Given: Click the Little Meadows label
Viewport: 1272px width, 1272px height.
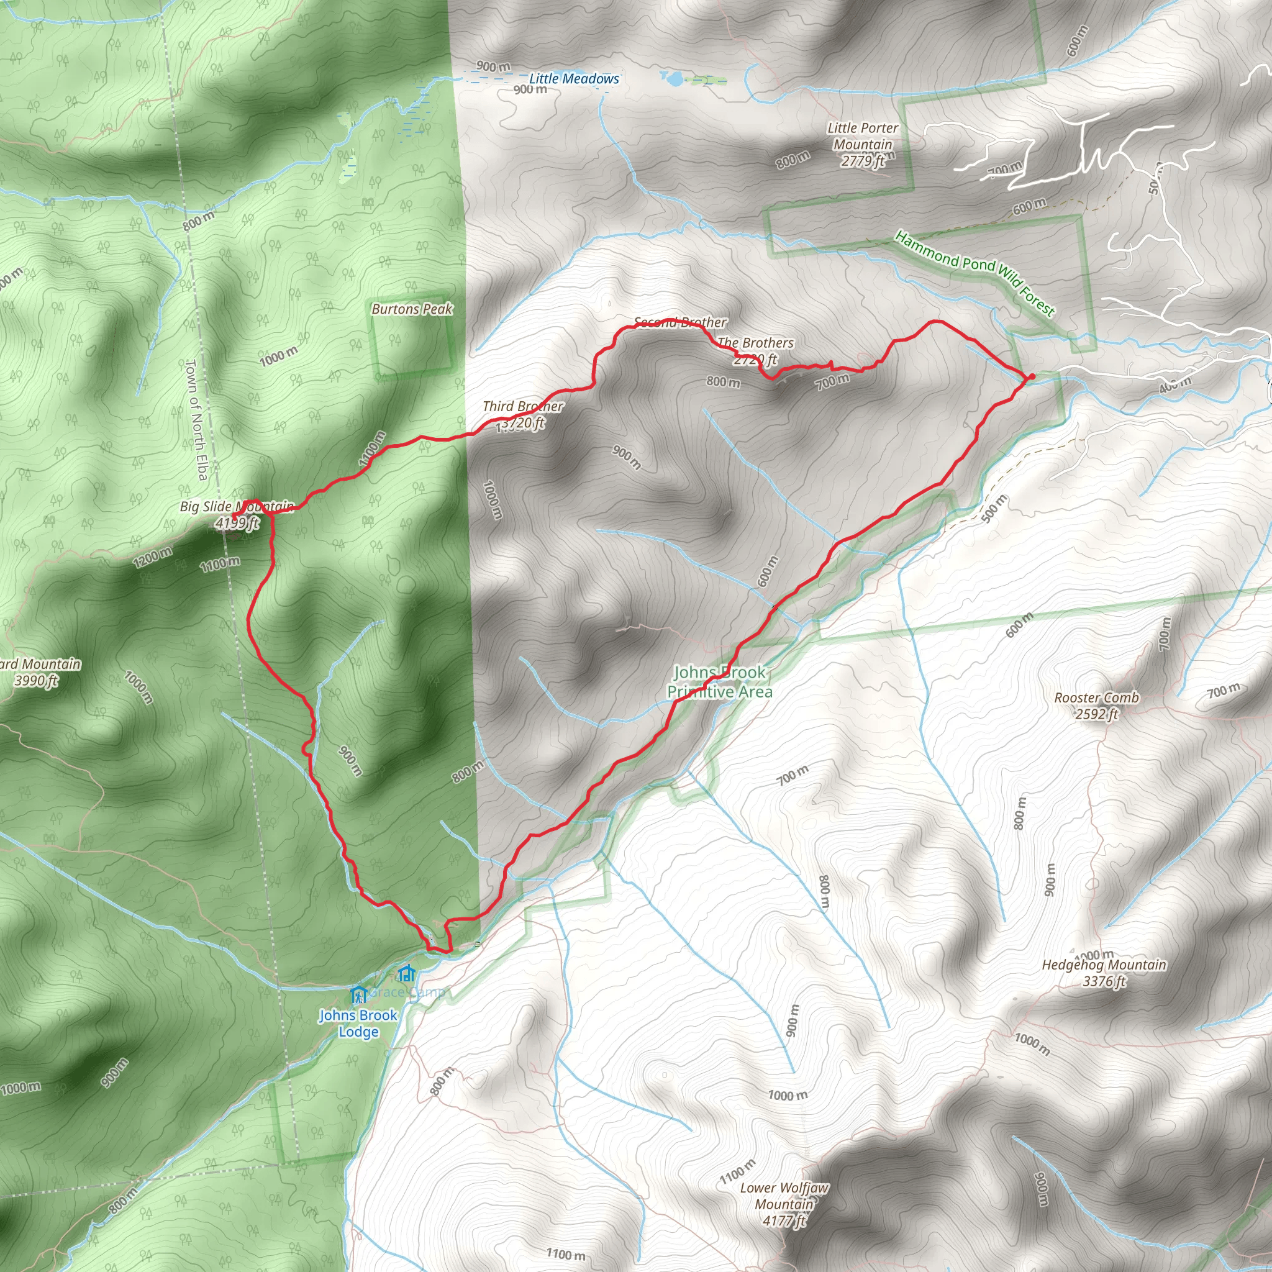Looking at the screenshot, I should pos(574,79).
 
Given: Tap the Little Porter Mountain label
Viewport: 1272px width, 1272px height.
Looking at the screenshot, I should pos(863,136).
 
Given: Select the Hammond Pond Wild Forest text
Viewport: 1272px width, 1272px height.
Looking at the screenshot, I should pos(974,273).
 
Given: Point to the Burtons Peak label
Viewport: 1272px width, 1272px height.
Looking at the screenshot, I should pos(412,309).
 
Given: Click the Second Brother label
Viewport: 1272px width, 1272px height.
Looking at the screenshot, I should pos(680,322).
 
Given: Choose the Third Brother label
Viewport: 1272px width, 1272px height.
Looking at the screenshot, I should pos(523,406).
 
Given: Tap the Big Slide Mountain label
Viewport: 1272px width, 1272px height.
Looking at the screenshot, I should pos(237,506).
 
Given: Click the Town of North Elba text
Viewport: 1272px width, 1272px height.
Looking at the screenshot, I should pos(197,419).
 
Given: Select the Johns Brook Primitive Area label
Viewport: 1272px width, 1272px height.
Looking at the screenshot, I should pos(720,681).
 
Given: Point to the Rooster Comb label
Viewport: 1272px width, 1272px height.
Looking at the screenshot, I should pos(1096,697).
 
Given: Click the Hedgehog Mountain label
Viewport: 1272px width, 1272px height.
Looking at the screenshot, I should pos(1104,965).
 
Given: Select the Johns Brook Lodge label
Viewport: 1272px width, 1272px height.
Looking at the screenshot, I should pos(358,1023).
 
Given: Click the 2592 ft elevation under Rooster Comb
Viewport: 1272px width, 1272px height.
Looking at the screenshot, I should pos(1096,714).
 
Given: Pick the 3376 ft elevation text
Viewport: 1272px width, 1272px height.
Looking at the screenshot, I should pos(1104,981).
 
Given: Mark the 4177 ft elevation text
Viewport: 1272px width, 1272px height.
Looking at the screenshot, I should pos(784,1220).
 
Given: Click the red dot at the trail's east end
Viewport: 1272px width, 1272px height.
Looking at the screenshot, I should pos(1032,376).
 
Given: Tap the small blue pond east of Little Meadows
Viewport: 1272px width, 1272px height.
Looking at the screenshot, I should pos(673,79).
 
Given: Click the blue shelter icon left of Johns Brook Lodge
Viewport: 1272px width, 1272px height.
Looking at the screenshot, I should pos(358,994).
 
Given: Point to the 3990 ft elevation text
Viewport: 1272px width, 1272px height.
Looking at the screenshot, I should pos(36,680).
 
